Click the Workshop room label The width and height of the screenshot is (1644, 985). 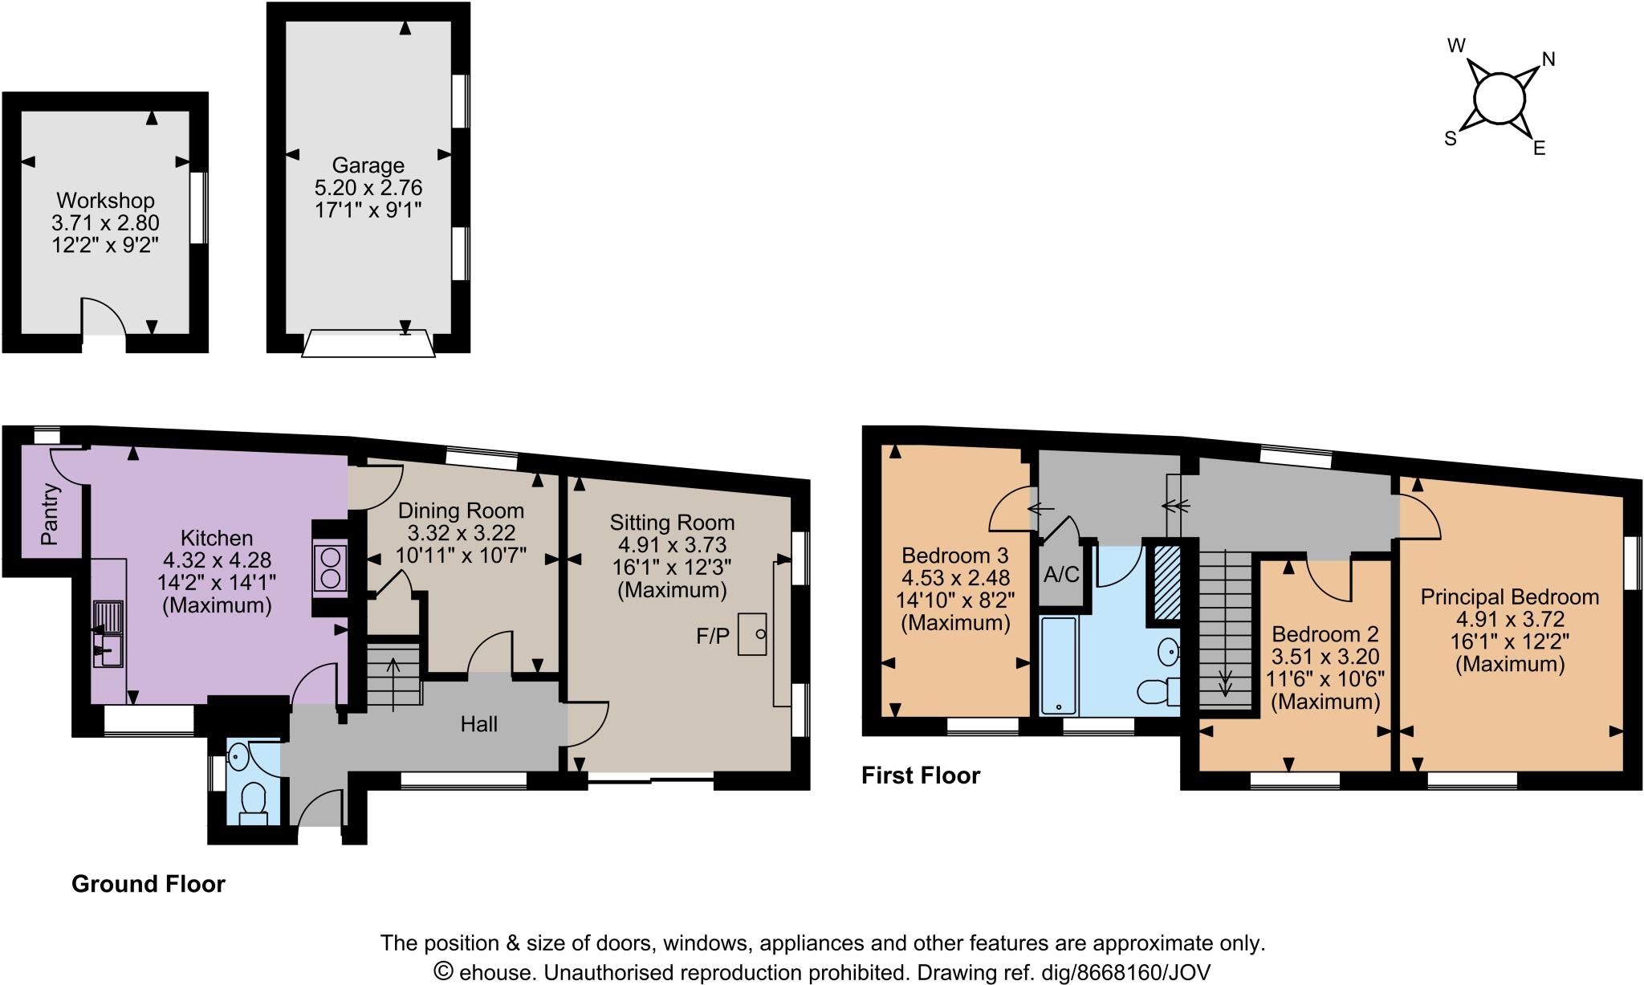coord(105,200)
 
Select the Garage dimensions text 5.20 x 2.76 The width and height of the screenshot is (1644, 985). coord(368,188)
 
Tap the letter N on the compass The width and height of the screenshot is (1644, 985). coord(1548,59)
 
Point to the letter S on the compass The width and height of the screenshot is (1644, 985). coord(1451,139)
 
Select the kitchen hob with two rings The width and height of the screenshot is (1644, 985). coord(331,568)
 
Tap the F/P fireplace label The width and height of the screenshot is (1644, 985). coord(713,637)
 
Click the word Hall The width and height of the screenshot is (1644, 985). coord(478,725)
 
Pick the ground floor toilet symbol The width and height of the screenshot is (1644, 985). coord(254,799)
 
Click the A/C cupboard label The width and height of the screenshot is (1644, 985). coord(1062,574)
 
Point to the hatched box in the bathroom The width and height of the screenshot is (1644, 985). coord(1168,583)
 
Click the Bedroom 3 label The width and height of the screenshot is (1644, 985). coord(955,555)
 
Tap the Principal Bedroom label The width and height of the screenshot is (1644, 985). coord(1509,596)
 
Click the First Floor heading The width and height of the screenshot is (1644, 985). coord(921,775)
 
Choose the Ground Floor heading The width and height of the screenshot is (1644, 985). coord(149,884)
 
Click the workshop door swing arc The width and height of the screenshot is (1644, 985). coord(105,316)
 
